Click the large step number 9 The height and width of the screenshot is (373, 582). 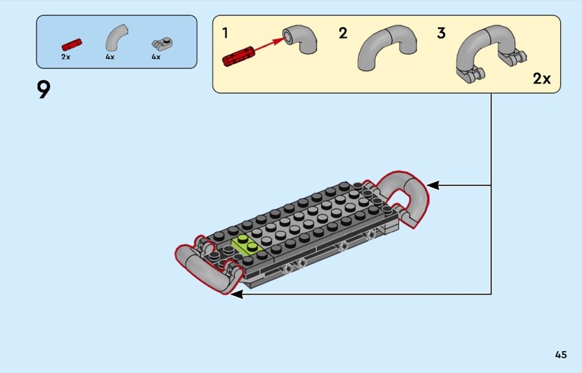tap(44, 90)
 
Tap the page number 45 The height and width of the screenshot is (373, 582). tap(561, 355)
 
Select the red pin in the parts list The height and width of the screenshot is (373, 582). tap(71, 44)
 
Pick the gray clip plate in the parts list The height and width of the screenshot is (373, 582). tap(162, 44)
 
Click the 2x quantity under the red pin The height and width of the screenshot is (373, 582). tap(65, 57)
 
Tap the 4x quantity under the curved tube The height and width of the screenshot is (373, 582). tap(110, 57)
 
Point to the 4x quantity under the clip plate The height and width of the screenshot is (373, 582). tap(156, 57)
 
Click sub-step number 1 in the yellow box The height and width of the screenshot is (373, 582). tap(225, 33)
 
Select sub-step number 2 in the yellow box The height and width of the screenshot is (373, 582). tap(343, 33)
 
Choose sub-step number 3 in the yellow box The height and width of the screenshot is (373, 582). tap(441, 33)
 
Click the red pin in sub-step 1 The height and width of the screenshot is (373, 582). tap(239, 56)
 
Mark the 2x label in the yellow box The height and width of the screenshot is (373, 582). tap(542, 79)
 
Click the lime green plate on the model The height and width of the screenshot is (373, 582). tap(247, 245)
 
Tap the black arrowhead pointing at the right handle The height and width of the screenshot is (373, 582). tap(433, 185)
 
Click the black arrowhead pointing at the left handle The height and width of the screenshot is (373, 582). tap(236, 294)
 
